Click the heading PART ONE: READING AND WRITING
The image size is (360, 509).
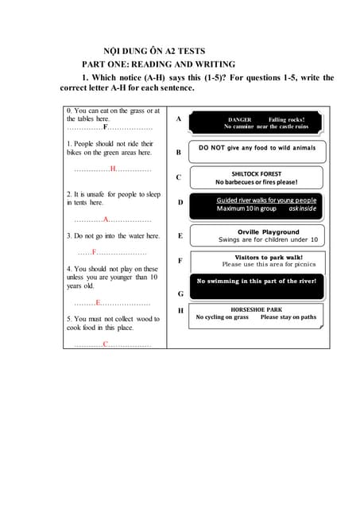(159, 64)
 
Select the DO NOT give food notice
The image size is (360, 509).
(257, 148)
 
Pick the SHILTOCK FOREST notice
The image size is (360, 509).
(257, 177)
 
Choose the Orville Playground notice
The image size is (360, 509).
(257, 235)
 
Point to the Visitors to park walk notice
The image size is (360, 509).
(257, 261)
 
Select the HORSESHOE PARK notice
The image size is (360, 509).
(257, 313)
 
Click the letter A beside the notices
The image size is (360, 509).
(179, 119)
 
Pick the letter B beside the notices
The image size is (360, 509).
(179, 151)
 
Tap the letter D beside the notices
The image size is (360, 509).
(180, 202)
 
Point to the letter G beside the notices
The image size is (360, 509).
(180, 293)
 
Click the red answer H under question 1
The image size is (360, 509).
(113, 169)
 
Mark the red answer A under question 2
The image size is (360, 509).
(106, 219)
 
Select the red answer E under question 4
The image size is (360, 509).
(99, 303)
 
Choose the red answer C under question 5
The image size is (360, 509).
(105, 344)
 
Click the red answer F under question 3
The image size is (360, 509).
(95, 252)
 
